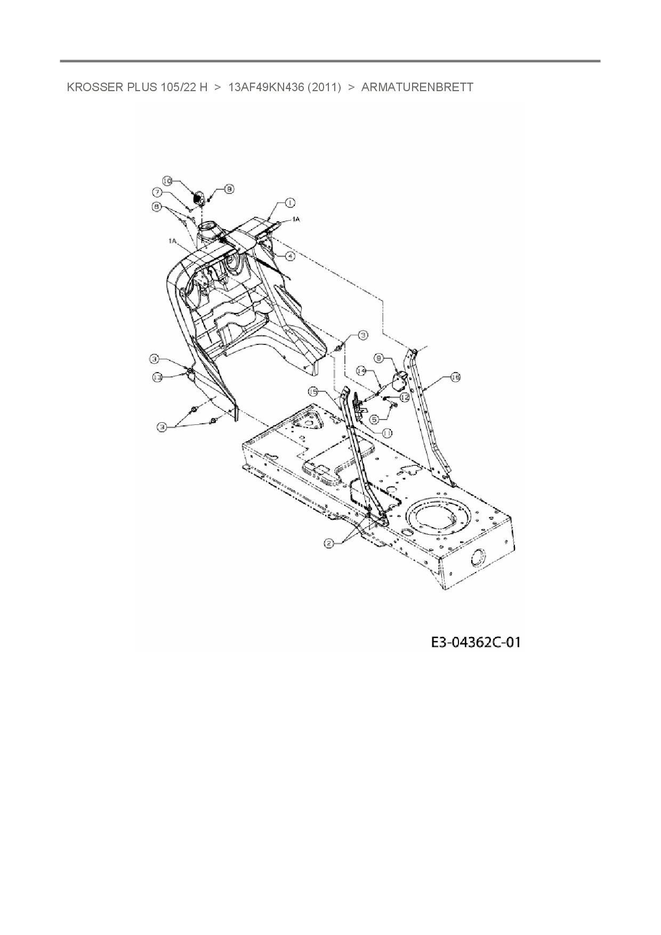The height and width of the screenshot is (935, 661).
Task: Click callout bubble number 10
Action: click(167, 181)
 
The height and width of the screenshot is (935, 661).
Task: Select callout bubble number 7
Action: click(158, 192)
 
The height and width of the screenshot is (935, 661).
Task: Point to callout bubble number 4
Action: click(289, 256)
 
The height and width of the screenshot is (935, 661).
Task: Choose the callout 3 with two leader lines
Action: click(162, 426)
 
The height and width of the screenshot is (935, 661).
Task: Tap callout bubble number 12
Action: click(404, 397)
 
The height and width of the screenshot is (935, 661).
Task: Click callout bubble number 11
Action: click(387, 433)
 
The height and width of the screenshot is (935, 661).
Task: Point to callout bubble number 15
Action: click(314, 392)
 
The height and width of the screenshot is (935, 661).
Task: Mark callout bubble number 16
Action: click(455, 377)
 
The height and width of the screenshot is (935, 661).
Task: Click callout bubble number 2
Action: click(329, 543)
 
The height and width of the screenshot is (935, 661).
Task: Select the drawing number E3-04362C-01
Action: click(475, 642)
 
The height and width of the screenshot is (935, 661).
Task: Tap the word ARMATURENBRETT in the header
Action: click(417, 87)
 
